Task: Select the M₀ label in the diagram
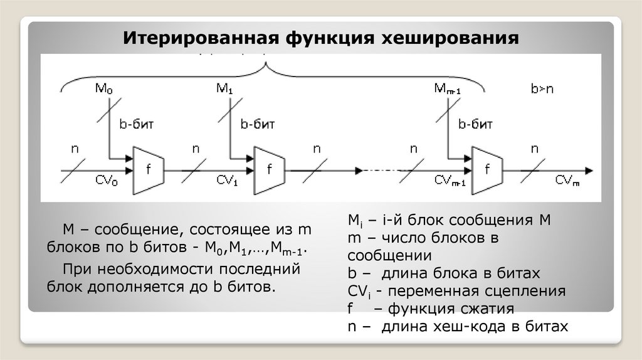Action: tap(104, 88)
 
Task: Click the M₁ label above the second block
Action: tap(224, 88)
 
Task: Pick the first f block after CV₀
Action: tap(149, 169)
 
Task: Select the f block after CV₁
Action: tap(270, 169)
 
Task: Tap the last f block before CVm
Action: tap(487, 169)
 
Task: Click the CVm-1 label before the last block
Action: tap(450, 181)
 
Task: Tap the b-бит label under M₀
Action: tap(136, 124)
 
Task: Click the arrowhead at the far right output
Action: tap(589, 170)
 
